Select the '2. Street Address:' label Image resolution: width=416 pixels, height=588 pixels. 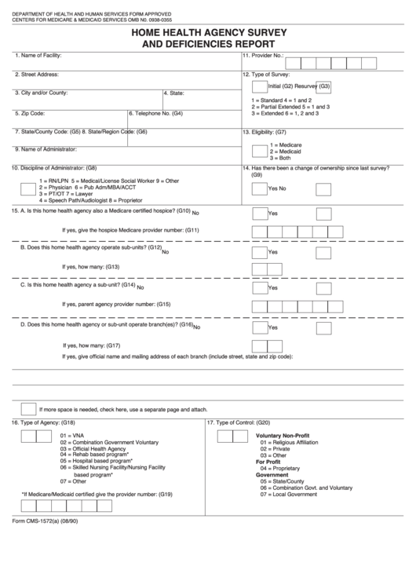click(x=37, y=75)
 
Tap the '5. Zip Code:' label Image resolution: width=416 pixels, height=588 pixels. click(x=30, y=113)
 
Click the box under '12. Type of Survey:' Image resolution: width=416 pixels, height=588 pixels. click(x=259, y=86)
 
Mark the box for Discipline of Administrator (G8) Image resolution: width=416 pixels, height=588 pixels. click(x=27, y=188)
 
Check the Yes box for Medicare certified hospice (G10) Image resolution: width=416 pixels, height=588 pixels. click(x=259, y=213)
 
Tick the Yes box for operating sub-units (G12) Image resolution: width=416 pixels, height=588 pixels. click(x=259, y=252)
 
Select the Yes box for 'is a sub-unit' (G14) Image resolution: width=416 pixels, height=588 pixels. click(x=259, y=288)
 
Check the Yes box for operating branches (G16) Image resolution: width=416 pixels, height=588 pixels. click(x=259, y=327)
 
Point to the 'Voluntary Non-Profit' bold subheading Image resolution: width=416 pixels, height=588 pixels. click(x=283, y=435)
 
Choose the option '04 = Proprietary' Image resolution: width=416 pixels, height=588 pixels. click(x=280, y=469)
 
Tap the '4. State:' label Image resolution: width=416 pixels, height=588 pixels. click(x=173, y=93)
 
